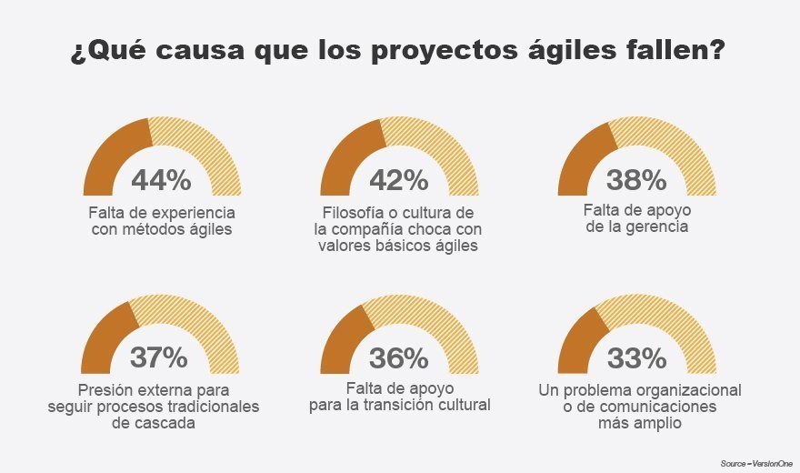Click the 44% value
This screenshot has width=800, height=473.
161,180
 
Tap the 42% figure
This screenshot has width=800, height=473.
399,180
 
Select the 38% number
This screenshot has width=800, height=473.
636,180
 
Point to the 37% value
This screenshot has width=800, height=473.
161,358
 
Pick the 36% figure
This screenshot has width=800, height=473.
399,358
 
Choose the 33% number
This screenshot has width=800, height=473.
636,358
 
